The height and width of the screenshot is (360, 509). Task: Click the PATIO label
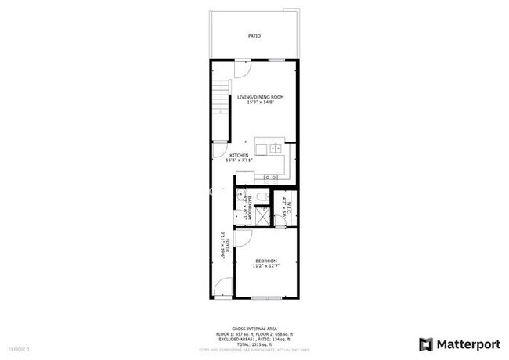point(254,36)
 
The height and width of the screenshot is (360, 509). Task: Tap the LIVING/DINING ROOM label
point(260,96)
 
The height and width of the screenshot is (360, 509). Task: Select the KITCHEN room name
point(239,156)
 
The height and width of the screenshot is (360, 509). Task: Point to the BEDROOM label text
point(265,261)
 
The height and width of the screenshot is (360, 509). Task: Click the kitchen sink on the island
point(275,148)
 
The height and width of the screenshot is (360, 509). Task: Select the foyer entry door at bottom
point(225,288)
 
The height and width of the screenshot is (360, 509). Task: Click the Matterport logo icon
point(426,344)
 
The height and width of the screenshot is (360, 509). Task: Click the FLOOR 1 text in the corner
point(19,348)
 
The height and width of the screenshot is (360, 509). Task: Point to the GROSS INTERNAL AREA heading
point(254,327)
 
